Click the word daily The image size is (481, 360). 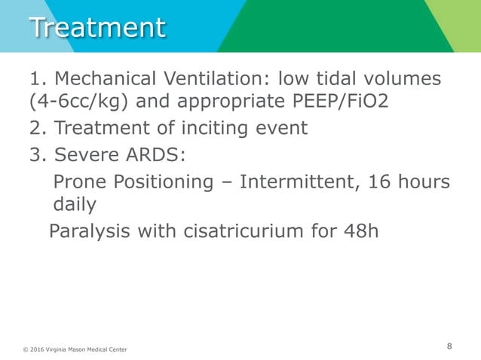pyautogui.click(x=75, y=204)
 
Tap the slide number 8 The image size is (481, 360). pyautogui.click(x=449, y=346)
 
